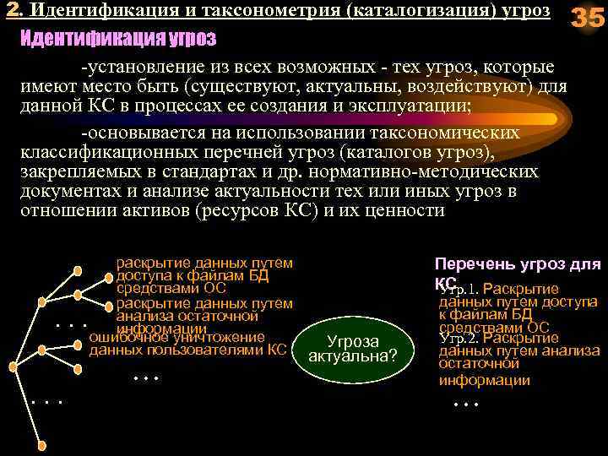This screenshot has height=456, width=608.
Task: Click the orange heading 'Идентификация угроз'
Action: [117, 39]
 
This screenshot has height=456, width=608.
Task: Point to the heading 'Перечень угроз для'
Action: [517, 264]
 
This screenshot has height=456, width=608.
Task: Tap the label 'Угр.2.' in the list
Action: [460, 338]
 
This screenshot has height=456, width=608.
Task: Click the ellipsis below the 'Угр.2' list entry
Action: [466, 404]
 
